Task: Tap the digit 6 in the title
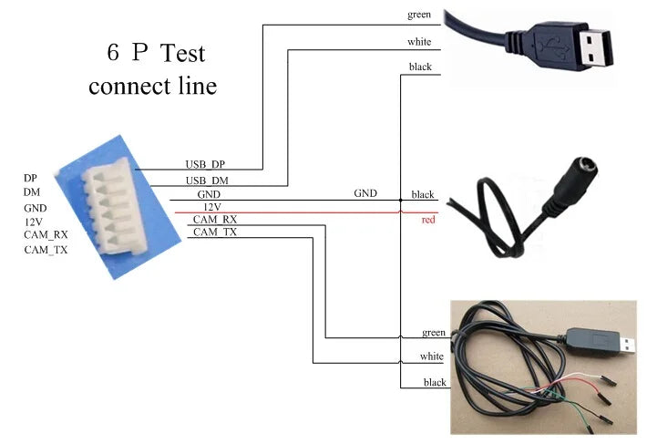113,53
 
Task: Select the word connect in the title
128,87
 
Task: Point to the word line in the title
196,87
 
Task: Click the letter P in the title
139,53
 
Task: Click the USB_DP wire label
205,164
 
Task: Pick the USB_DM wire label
207,181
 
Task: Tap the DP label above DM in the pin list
31,178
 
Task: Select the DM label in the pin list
32,192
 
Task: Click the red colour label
428,220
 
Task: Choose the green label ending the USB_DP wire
418,15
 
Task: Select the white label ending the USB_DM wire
419,42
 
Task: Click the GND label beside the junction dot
365,193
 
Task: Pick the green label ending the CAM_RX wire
434,332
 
